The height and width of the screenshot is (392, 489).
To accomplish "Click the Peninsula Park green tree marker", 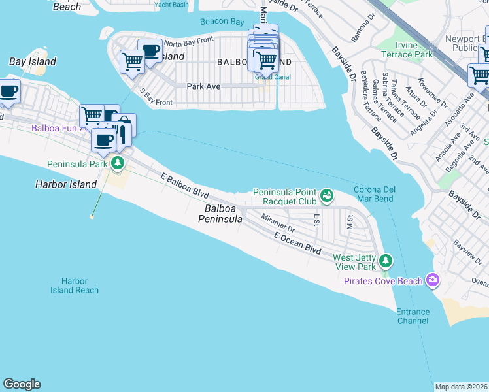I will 118,163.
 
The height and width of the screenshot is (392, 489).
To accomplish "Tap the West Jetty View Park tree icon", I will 386,261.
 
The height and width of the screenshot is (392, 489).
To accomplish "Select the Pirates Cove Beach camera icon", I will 432,280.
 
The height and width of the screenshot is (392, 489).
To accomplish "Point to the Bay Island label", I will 33,61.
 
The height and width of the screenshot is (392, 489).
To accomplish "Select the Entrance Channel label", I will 413,316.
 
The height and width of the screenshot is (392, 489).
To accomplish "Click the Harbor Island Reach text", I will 75,286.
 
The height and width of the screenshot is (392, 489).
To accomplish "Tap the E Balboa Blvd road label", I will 185,186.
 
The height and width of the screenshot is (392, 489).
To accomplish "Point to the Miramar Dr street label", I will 278,226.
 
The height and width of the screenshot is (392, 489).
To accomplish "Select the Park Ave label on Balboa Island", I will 203,86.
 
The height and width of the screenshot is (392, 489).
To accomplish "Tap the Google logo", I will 22,384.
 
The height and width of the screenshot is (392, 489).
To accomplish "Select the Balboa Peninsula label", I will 220,214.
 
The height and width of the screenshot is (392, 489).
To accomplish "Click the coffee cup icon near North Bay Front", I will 150,52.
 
